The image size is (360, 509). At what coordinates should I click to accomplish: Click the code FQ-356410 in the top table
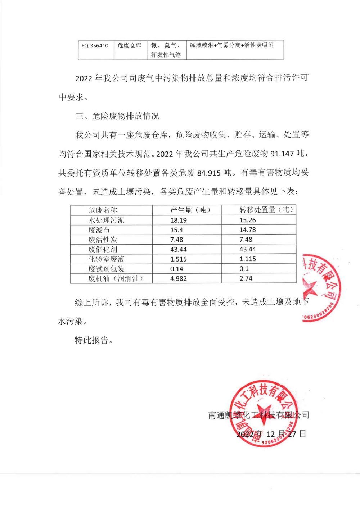point(95,46)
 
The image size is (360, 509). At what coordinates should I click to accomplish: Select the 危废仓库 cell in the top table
point(129,46)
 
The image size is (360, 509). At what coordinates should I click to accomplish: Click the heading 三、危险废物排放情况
point(117,116)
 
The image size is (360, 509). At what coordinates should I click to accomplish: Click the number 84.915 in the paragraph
point(209,173)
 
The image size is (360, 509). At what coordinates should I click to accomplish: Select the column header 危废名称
point(103,210)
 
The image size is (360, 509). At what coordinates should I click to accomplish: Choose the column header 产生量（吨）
point(190,210)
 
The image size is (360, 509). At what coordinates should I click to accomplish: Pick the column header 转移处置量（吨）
point(266,210)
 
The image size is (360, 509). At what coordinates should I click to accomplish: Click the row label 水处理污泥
point(106,220)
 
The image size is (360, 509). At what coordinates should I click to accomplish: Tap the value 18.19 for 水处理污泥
point(179,220)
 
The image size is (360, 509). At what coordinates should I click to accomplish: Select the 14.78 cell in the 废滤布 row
point(248,230)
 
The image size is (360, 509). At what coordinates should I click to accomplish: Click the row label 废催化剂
point(103,249)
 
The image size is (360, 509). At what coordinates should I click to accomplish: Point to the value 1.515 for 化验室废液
point(179,259)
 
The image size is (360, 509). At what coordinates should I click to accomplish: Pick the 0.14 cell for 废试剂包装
point(177,269)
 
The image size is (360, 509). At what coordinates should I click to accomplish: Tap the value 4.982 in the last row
point(179,278)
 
